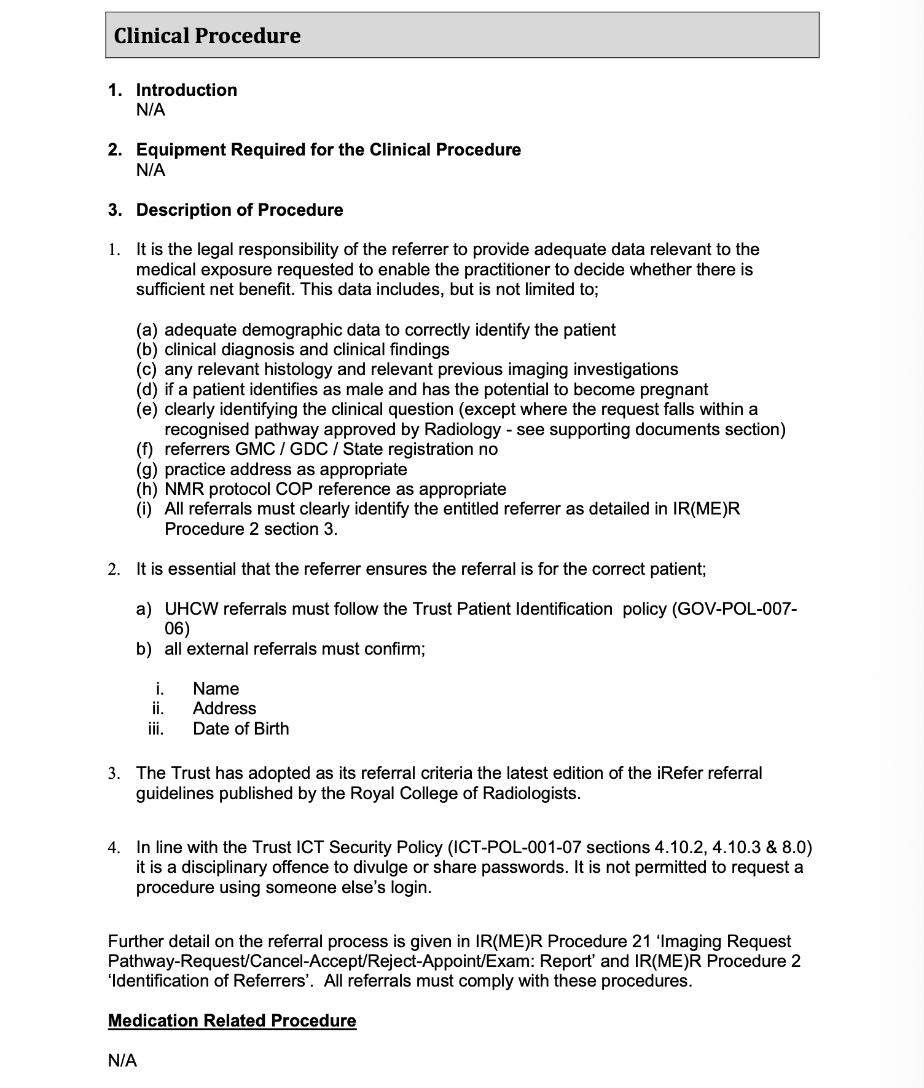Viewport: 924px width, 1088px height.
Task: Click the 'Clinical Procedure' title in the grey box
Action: point(207,36)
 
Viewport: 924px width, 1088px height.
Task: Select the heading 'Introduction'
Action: point(186,90)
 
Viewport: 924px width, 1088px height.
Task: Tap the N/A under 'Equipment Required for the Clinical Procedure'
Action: point(151,170)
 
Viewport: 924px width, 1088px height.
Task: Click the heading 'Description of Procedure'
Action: point(239,210)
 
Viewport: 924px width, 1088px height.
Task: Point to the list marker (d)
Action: point(146,389)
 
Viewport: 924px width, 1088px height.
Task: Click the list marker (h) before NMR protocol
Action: point(146,489)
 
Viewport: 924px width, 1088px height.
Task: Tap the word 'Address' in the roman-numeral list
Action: point(224,708)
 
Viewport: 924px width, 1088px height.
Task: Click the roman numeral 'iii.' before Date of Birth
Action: point(156,728)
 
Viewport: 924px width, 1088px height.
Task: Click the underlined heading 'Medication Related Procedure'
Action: point(232,1020)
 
